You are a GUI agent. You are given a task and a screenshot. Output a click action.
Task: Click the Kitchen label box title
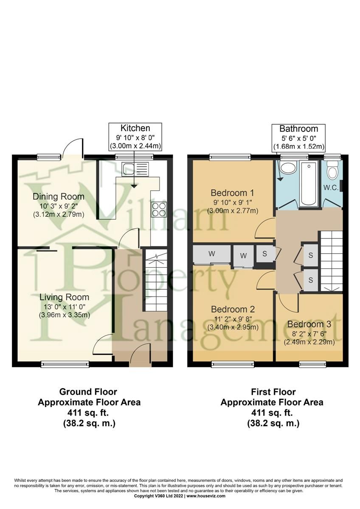click(135, 128)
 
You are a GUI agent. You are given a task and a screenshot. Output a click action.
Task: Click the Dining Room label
click(59, 197)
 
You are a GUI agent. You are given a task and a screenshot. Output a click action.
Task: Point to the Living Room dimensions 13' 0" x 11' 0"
click(64, 306)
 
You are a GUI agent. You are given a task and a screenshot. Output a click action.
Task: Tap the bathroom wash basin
click(288, 169)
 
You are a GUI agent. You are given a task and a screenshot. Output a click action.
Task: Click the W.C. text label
click(332, 187)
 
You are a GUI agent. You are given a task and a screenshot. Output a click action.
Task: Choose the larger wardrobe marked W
click(211, 254)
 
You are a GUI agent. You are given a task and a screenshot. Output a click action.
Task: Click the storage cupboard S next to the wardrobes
click(265, 254)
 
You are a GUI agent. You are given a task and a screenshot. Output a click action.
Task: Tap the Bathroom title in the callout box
click(299, 129)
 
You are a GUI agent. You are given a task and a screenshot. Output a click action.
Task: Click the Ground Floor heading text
click(88, 392)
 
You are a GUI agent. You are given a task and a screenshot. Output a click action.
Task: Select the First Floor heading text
click(273, 392)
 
